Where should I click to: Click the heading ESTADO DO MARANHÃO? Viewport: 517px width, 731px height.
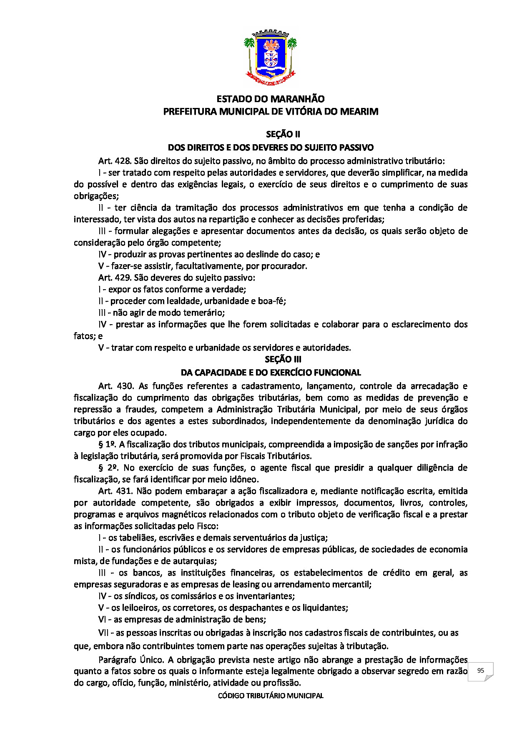271,99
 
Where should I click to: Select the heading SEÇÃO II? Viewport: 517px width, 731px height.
283,134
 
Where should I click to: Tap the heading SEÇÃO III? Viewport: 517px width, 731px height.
283,359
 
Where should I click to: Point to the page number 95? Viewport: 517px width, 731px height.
480,671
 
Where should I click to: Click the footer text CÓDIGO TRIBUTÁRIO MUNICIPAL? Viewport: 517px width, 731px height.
271,696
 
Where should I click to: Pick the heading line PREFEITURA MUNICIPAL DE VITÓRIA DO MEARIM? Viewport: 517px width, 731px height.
271,112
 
